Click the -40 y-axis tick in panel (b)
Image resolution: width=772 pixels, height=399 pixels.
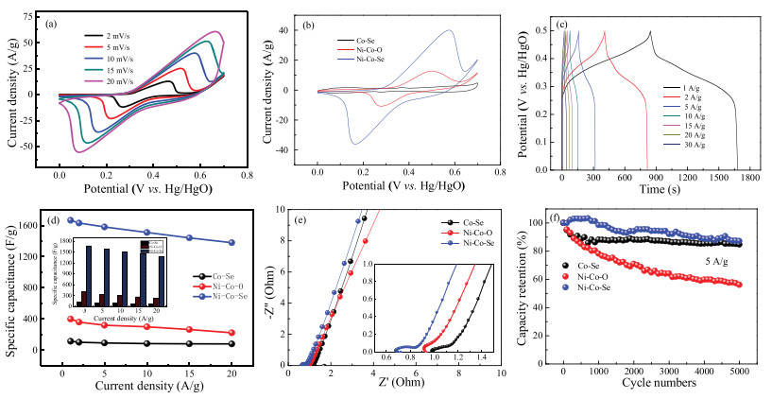click(295, 149)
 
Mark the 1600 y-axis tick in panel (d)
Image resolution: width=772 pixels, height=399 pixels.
click(42, 225)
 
